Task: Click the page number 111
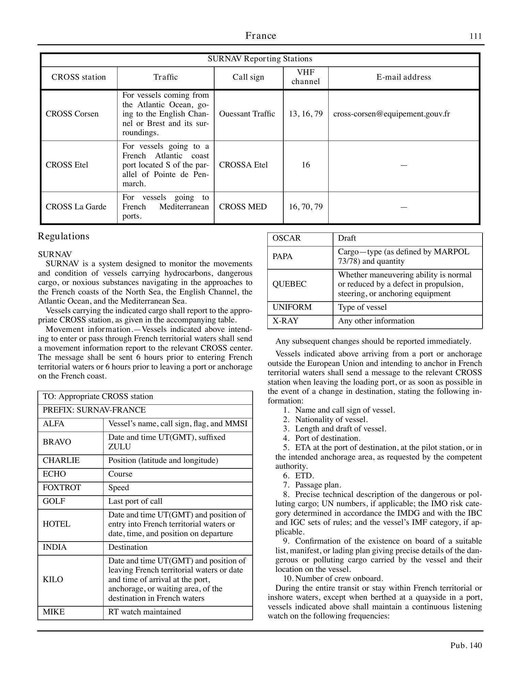476,36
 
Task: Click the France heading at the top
260,36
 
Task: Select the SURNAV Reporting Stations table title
260,59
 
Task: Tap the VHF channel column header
305,77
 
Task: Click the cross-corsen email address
391,114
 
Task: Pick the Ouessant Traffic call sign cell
247,114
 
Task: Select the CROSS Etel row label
67,165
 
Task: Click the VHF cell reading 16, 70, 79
305,207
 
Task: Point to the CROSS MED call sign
243,207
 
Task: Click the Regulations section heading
64,236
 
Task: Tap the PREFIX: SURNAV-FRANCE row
94,410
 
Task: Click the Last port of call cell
135,501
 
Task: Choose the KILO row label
53,580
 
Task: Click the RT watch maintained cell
144,612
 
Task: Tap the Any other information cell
376,321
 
